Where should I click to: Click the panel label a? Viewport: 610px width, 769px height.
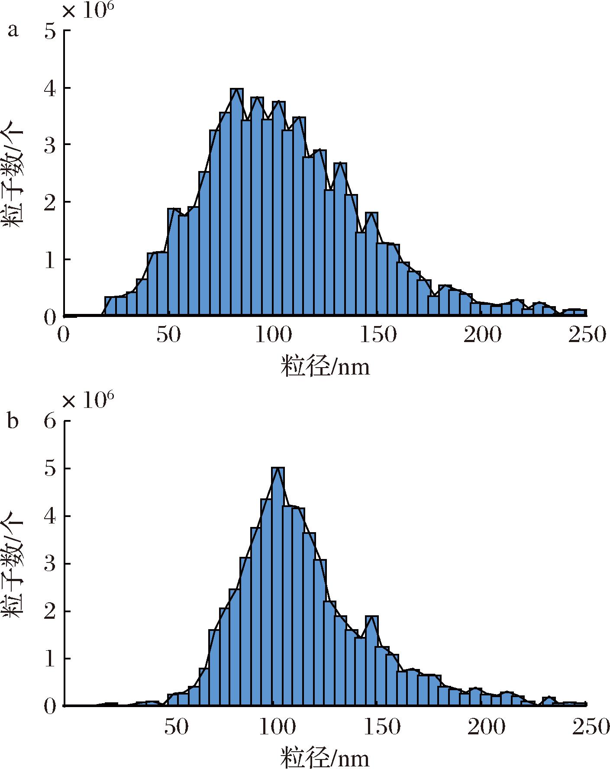click(13, 31)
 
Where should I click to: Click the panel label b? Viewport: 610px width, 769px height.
click(13, 420)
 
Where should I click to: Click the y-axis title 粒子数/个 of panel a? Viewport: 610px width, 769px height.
click(14, 173)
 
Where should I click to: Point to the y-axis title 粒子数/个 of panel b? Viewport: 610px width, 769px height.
click(14, 563)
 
